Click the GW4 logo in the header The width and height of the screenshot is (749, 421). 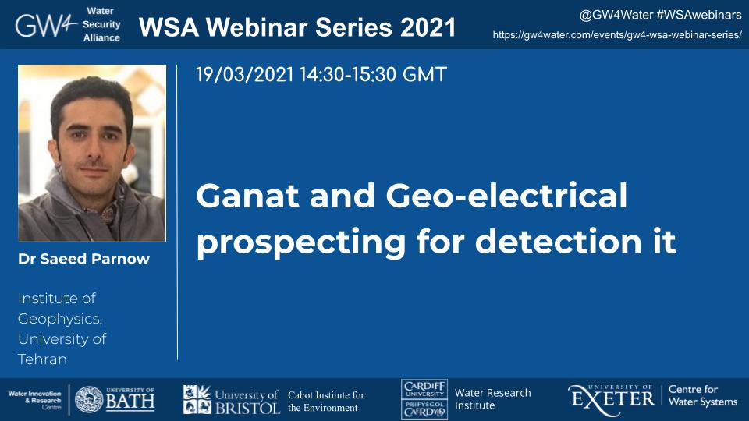(x=46, y=25)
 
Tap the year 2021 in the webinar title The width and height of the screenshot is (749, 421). (x=428, y=27)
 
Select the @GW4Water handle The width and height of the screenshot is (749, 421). (x=616, y=16)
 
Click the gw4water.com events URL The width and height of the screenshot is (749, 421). (x=617, y=35)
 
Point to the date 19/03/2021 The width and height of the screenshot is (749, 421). (x=245, y=75)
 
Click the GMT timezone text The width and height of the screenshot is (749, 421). (x=424, y=75)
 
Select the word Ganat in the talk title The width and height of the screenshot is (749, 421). (x=248, y=196)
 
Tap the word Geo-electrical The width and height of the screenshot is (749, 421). (x=506, y=196)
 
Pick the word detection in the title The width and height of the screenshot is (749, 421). (x=559, y=241)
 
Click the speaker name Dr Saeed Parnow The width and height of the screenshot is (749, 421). (x=83, y=259)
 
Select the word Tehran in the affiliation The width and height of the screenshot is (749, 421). (x=42, y=359)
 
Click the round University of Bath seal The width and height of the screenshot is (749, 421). (x=89, y=399)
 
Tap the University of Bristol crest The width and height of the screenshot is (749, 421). (x=197, y=399)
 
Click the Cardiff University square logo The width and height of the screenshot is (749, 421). (x=424, y=399)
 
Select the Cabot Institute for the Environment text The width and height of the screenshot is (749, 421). (x=326, y=402)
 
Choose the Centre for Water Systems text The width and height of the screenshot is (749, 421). (x=703, y=396)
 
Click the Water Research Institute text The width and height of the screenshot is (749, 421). (x=492, y=399)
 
